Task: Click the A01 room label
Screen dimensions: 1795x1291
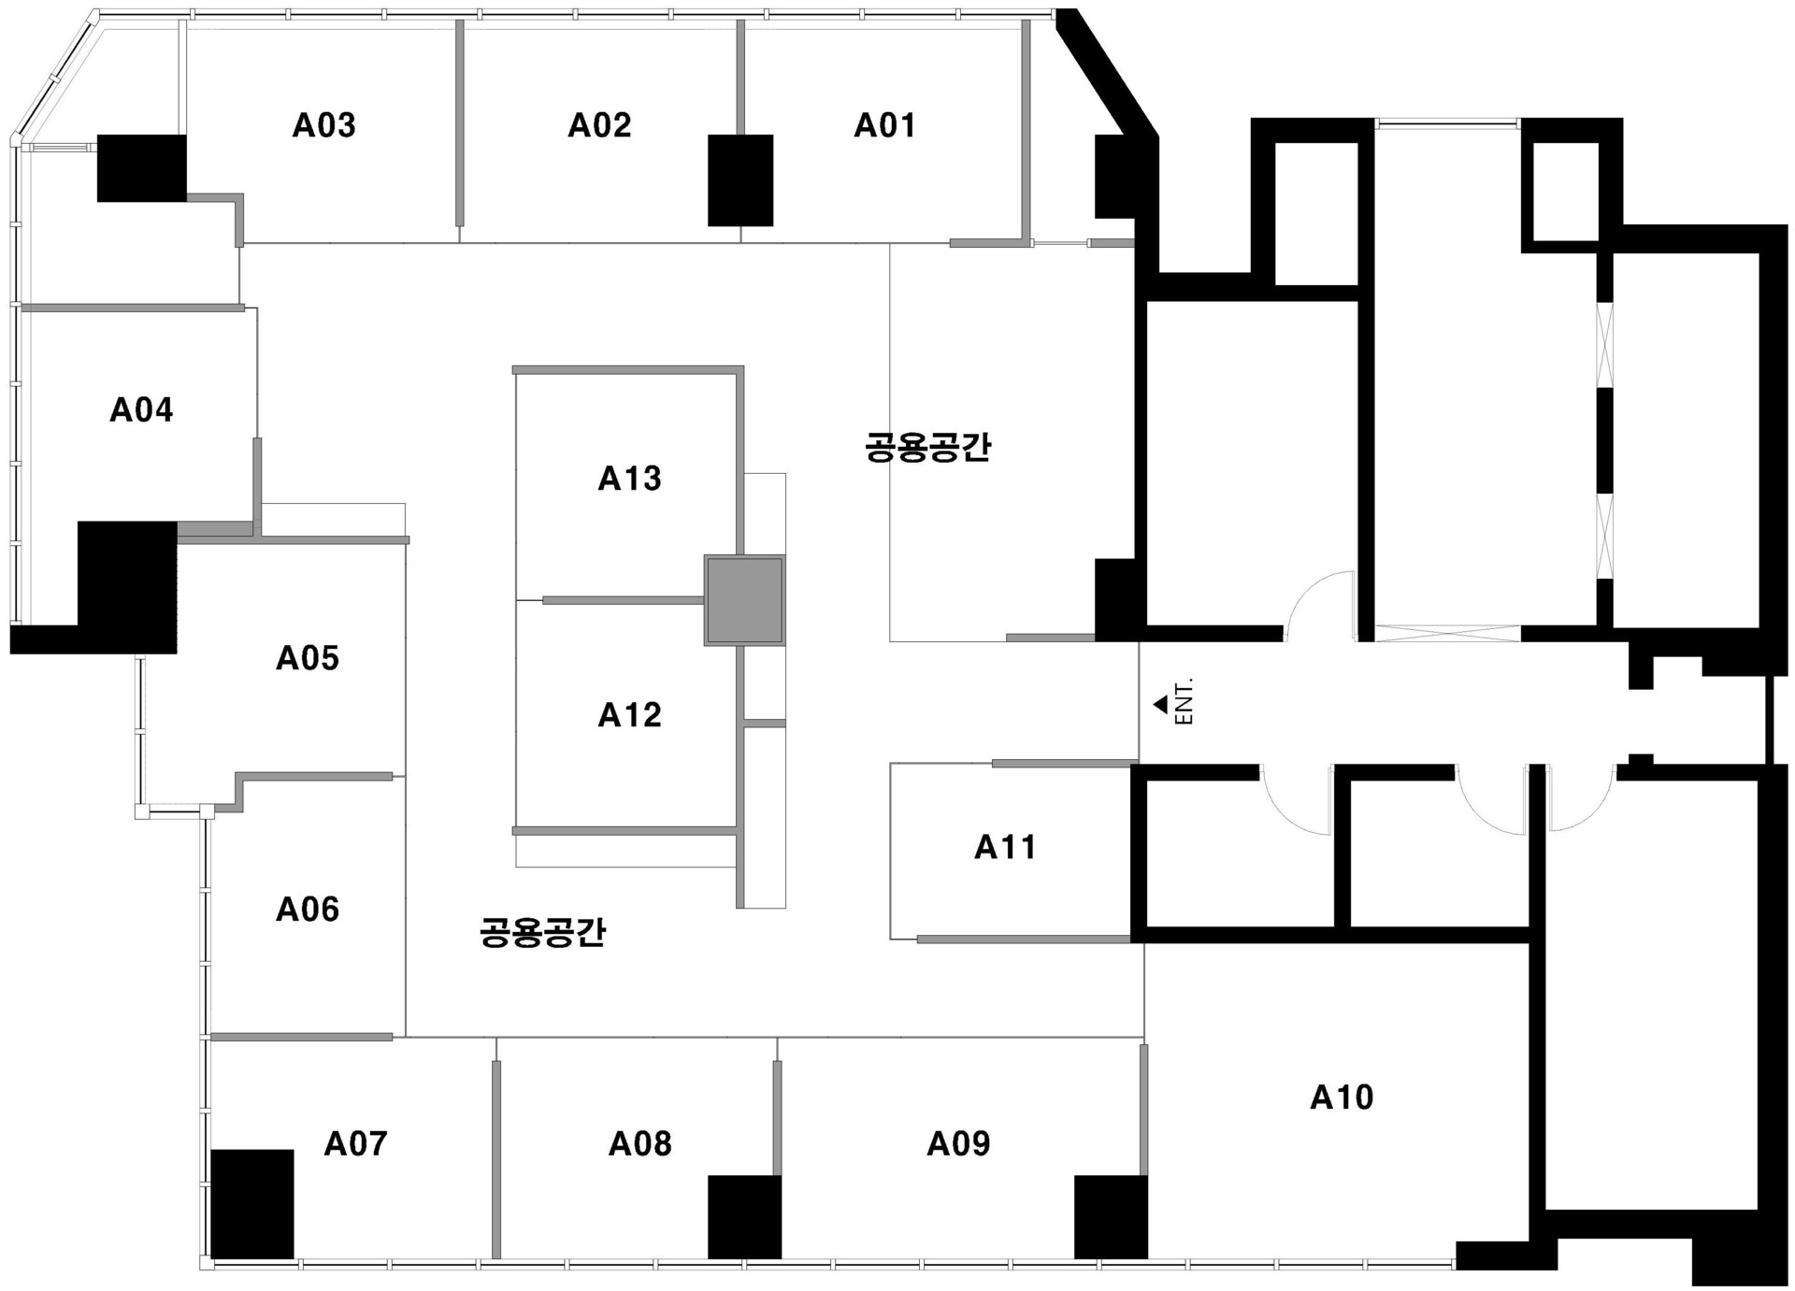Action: click(884, 125)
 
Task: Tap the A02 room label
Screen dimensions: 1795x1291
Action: click(599, 125)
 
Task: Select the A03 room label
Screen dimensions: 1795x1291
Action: click(323, 125)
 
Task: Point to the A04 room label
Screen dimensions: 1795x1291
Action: click(141, 409)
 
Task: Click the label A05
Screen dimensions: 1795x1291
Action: click(307, 658)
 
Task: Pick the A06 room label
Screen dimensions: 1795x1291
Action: click(307, 909)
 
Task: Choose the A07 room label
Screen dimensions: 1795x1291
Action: click(355, 1142)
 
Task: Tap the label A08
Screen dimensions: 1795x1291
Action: click(639, 1142)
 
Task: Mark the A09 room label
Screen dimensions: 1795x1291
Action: click(958, 1142)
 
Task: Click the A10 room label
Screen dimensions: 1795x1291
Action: click(1342, 1097)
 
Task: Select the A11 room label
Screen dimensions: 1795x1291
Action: click(1005, 847)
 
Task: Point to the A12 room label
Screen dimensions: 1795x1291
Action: click(629, 715)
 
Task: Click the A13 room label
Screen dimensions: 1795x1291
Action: click(629, 479)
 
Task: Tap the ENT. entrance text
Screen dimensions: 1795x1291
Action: click(1184, 701)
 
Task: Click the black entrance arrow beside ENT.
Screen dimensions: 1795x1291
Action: click(1161, 704)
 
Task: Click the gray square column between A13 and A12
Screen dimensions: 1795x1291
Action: click(744, 600)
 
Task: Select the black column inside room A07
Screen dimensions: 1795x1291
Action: click(251, 1204)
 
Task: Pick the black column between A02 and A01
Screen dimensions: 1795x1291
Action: click(740, 180)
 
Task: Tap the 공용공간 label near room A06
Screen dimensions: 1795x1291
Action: click(542, 932)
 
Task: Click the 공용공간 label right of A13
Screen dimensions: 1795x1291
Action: click(927, 447)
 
